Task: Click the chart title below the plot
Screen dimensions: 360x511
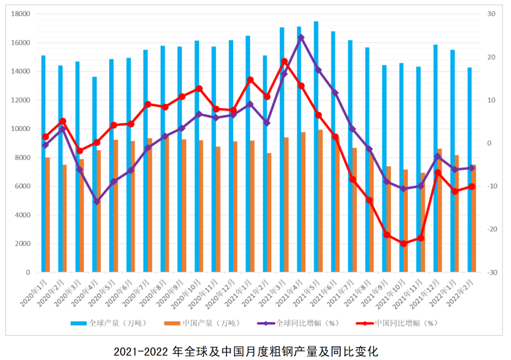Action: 247,351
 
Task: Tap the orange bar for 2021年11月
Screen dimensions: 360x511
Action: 423,222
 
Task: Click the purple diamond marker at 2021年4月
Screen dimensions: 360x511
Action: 301,37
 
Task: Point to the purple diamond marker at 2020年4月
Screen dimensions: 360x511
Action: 97,202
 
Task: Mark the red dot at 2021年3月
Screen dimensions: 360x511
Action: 284,61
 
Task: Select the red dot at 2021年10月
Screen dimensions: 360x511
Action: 404,244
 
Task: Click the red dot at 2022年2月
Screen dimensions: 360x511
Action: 472,186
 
